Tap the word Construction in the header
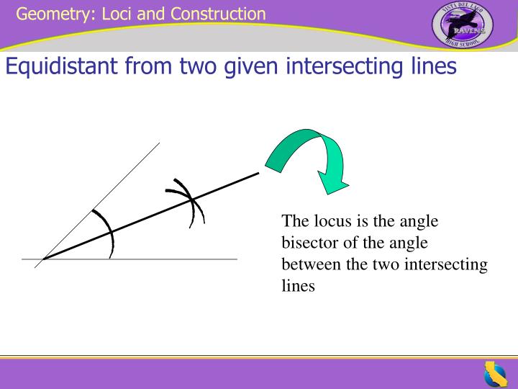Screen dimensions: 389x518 (218, 14)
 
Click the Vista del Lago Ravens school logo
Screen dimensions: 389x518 (462, 27)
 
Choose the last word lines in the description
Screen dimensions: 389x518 (299, 286)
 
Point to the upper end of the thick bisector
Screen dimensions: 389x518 (258, 172)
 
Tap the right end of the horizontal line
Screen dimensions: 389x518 (237, 259)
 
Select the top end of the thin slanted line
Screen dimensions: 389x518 (159, 143)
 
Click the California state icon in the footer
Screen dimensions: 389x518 (494, 374)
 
